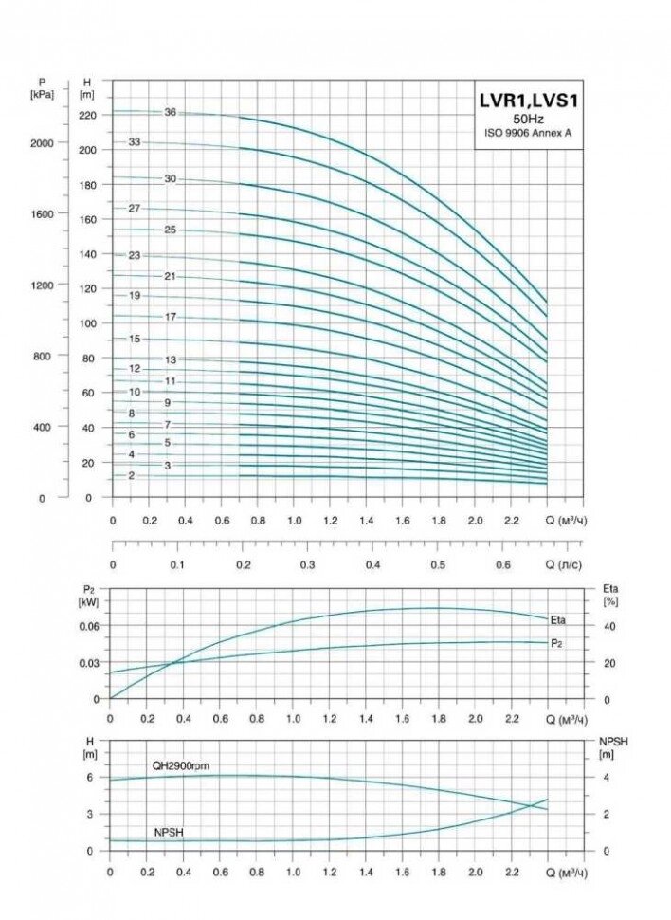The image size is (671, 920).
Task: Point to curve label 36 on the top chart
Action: [x=171, y=112]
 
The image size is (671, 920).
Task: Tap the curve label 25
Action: [x=171, y=230]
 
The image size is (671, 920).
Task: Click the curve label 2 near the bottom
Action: [x=131, y=475]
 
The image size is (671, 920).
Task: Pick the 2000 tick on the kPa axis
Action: [x=43, y=141]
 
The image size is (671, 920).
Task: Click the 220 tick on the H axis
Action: [x=88, y=115]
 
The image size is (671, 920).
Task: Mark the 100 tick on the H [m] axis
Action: [x=88, y=323]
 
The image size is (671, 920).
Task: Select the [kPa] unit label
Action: [x=43, y=95]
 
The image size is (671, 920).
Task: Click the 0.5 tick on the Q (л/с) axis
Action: [x=438, y=564]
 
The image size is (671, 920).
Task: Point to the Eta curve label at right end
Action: [x=558, y=619]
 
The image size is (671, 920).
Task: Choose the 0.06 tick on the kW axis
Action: [x=88, y=626]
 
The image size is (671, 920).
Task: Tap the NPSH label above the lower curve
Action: [x=169, y=832]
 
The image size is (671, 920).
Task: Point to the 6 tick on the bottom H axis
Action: [x=89, y=777]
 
